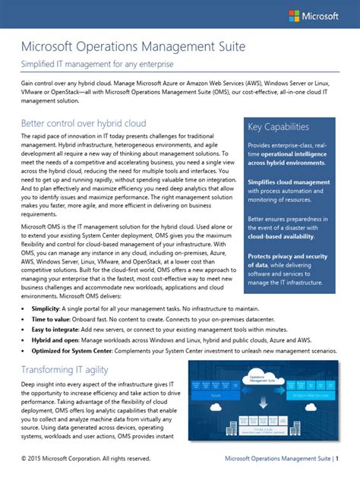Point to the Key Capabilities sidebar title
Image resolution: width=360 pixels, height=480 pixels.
coord(278,127)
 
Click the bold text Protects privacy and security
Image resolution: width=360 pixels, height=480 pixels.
coord(292,256)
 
